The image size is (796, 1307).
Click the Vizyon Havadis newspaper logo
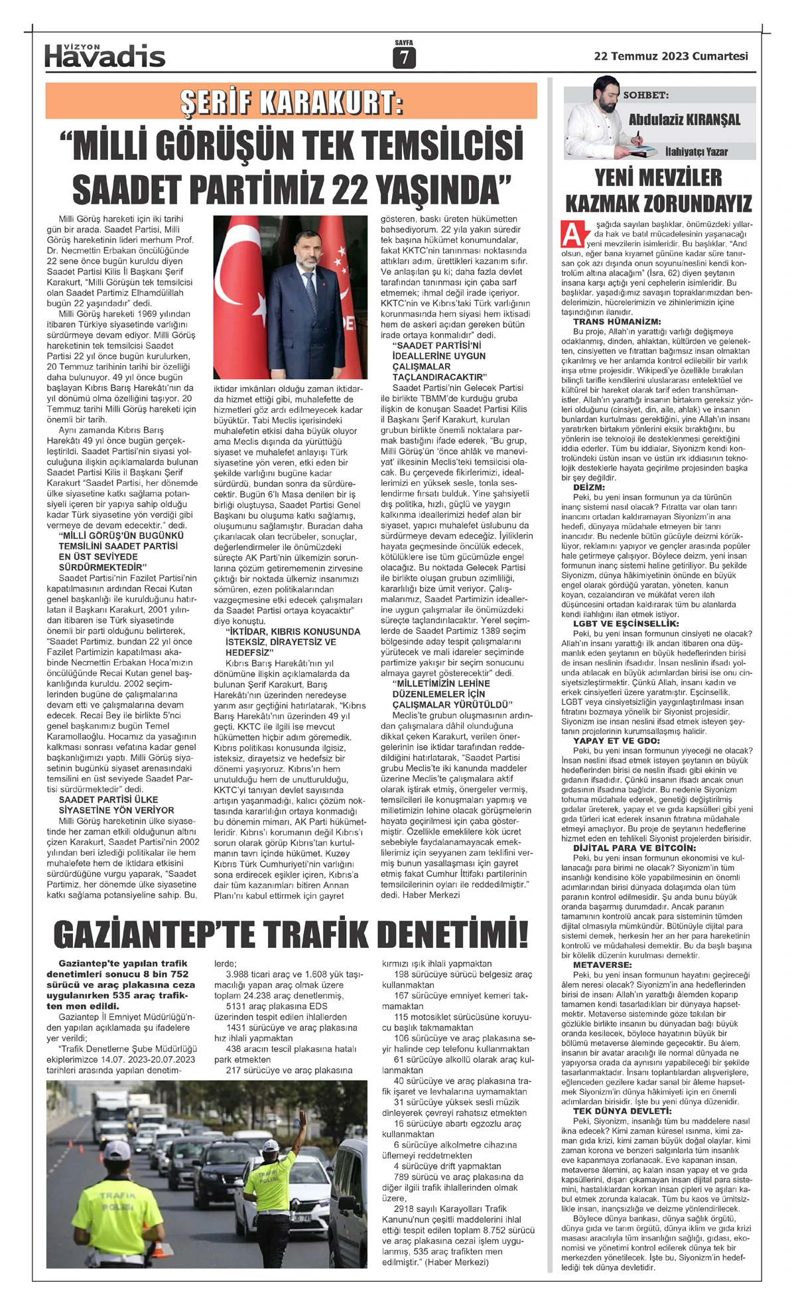[105, 56]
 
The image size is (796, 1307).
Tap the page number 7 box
[403, 58]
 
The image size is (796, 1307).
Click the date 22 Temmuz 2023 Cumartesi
[671, 56]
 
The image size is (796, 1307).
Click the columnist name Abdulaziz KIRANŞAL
[684, 120]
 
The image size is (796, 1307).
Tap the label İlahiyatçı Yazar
[696, 152]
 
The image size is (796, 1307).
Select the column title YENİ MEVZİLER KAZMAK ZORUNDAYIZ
[658, 190]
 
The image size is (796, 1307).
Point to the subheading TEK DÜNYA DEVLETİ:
[614, 1111]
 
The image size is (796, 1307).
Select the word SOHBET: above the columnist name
[645, 96]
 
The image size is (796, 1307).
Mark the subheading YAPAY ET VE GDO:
[616, 740]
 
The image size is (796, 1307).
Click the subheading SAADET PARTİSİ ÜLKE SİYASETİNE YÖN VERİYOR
[116, 805]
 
